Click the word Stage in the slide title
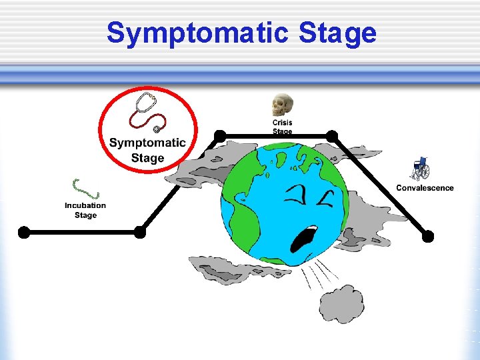(338, 33)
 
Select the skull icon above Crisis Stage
(282, 105)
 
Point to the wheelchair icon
(421, 169)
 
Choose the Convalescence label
(425, 188)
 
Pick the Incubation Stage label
(85, 210)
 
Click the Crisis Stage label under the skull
(282, 127)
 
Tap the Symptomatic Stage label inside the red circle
(147, 150)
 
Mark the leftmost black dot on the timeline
(24, 232)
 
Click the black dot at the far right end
(428, 236)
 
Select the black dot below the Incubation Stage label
(140, 232)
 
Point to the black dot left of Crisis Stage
(219, 136)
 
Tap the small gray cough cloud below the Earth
(341, 303)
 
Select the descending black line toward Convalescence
(380, 186)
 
